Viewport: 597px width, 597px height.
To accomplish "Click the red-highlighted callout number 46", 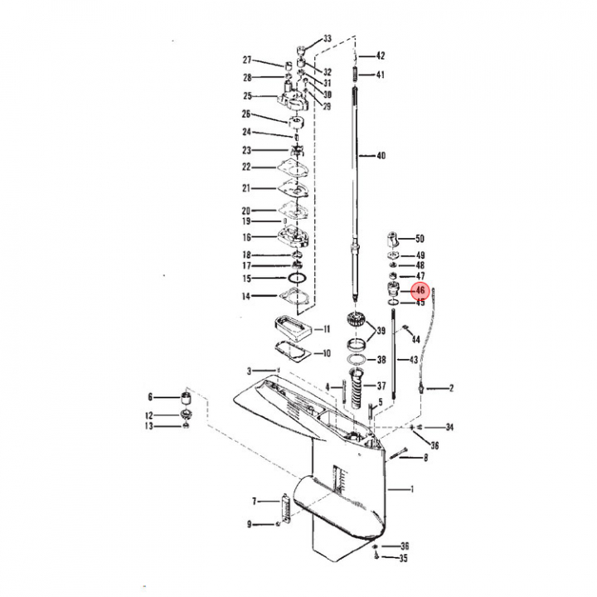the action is tap(420, 290).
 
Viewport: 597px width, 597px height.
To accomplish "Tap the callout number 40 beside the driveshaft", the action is tap(381, 156).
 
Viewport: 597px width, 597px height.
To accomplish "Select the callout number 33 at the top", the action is tap(328, 38).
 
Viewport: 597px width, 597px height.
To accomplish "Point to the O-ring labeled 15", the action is tap(297, 279).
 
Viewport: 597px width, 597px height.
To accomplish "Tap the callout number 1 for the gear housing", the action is tap(411, 489).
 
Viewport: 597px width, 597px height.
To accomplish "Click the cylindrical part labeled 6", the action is tap(186, 399).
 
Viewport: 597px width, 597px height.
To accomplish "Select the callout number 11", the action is tap(327, 329).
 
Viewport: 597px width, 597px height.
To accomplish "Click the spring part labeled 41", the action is tap(355, 74).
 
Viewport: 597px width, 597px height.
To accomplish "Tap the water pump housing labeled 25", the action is tap(293, 98).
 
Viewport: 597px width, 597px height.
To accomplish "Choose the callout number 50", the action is tap(420, 239).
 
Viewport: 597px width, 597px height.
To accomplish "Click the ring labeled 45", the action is tap(393, 303).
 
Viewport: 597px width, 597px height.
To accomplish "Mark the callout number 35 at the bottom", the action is tap(403, 558).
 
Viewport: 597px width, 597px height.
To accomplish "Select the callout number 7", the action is tap(254, 502).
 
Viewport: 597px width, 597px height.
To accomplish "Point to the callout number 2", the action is tap(452, 388).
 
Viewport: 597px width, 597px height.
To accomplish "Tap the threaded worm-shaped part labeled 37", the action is tap(357, 389).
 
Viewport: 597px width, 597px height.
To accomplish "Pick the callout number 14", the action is tap(246, 296).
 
